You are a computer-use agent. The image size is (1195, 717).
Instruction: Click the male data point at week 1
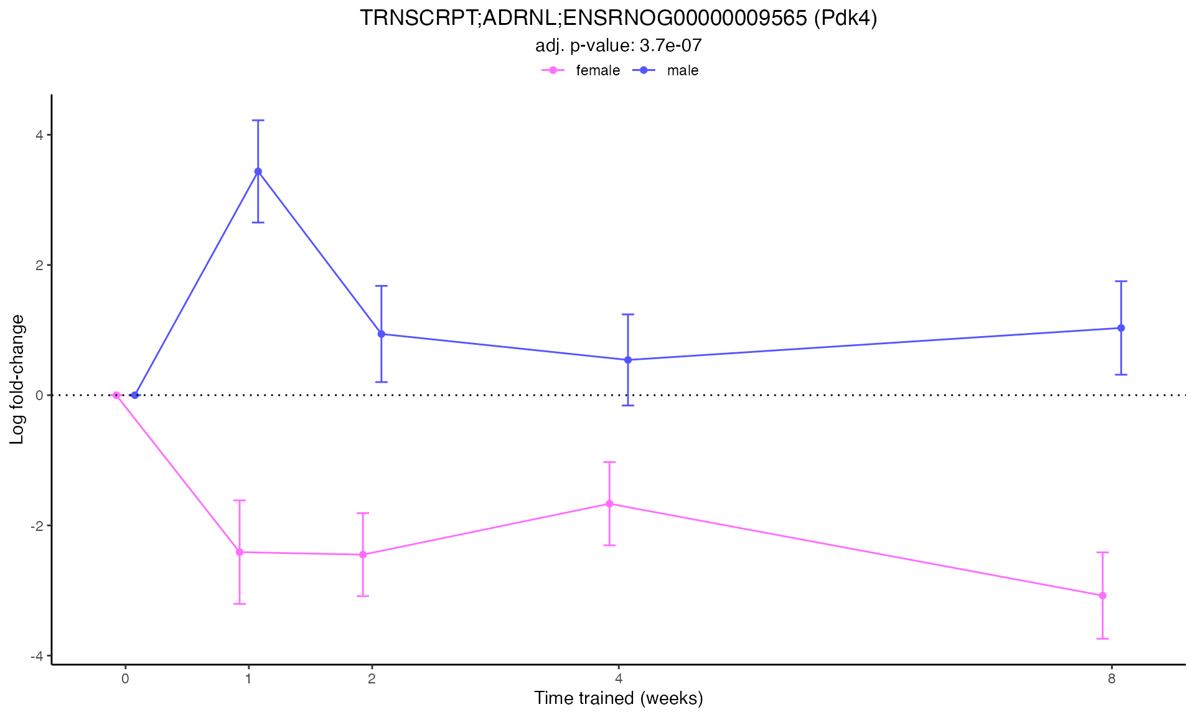click(x=258, y=172)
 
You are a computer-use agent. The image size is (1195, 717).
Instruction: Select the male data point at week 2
click(x=382, y=334)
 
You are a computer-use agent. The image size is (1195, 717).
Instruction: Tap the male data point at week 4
click(x=628, y=360)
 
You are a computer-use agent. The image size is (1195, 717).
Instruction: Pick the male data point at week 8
click(x=1121, y=328)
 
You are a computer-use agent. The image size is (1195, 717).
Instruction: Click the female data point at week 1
click(x=240, y=552)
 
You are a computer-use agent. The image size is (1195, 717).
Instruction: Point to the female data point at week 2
click(x=363, y=555)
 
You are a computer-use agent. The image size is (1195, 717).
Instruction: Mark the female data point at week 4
click(x=609, y=504)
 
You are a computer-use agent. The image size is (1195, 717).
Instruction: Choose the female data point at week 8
click(x=1102, y=596)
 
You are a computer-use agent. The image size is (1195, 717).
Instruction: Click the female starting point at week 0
click(x=116, y=395)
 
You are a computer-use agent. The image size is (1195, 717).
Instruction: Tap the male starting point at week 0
click(x=134, y=395)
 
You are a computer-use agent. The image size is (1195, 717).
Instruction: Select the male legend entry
click(x=682, y=70)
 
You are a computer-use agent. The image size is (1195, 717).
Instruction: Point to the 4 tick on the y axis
click(x=39, y=135)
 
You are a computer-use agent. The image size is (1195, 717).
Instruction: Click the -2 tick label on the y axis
click(x=36, y=526)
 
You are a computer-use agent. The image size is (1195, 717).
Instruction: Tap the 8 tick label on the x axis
click(x=1112, y=678)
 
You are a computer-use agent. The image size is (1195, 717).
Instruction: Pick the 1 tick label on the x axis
click(x=248, y=678)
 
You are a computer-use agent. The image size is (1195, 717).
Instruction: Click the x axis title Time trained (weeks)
click(x=618, y=698)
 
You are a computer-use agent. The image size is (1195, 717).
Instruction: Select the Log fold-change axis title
click(x=17, y=380)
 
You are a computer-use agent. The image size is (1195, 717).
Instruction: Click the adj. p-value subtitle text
click(x=618, y=45)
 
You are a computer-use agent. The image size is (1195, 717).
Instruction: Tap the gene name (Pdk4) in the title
click(x=845, y=19)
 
